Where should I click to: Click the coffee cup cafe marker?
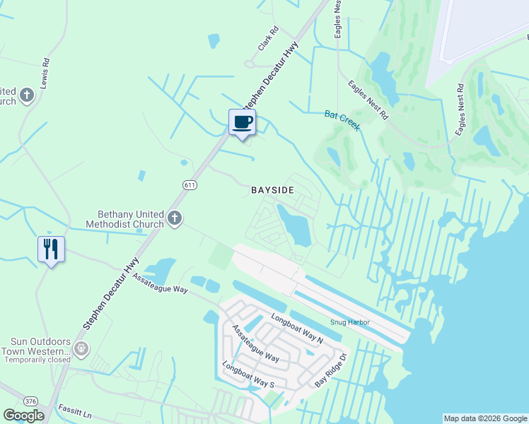[242, 123]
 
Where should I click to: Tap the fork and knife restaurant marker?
[51, 249]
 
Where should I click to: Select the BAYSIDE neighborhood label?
[272, 191]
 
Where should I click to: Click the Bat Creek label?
[342, 119]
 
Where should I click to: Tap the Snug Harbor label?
[350, 322]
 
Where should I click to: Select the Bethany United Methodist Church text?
[130, 219]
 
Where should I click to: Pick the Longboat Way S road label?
[248, 375]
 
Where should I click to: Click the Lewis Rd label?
[45, 72]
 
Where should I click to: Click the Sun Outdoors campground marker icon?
[81, 348]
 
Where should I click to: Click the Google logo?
[23, 416]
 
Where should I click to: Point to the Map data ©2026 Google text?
[485, 418]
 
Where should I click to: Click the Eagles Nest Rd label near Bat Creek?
[368, 99]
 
